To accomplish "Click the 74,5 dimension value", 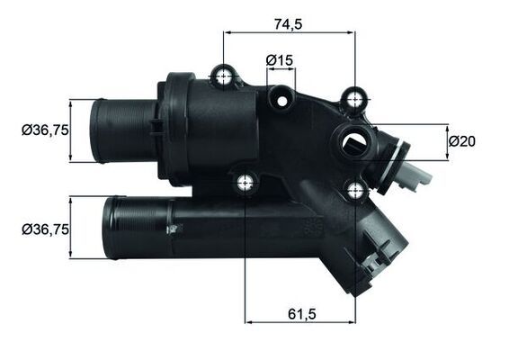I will [289, 20].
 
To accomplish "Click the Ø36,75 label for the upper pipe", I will [45, 130].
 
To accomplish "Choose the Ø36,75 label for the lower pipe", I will [45, 229].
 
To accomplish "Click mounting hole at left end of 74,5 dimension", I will [222, 76].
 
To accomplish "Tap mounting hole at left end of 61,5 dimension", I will [245, 184].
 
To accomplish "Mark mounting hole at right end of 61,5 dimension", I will [355, 188].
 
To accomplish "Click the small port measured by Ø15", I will [281, 93].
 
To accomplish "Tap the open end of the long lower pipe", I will [108, 229].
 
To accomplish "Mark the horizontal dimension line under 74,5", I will [289, 32].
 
